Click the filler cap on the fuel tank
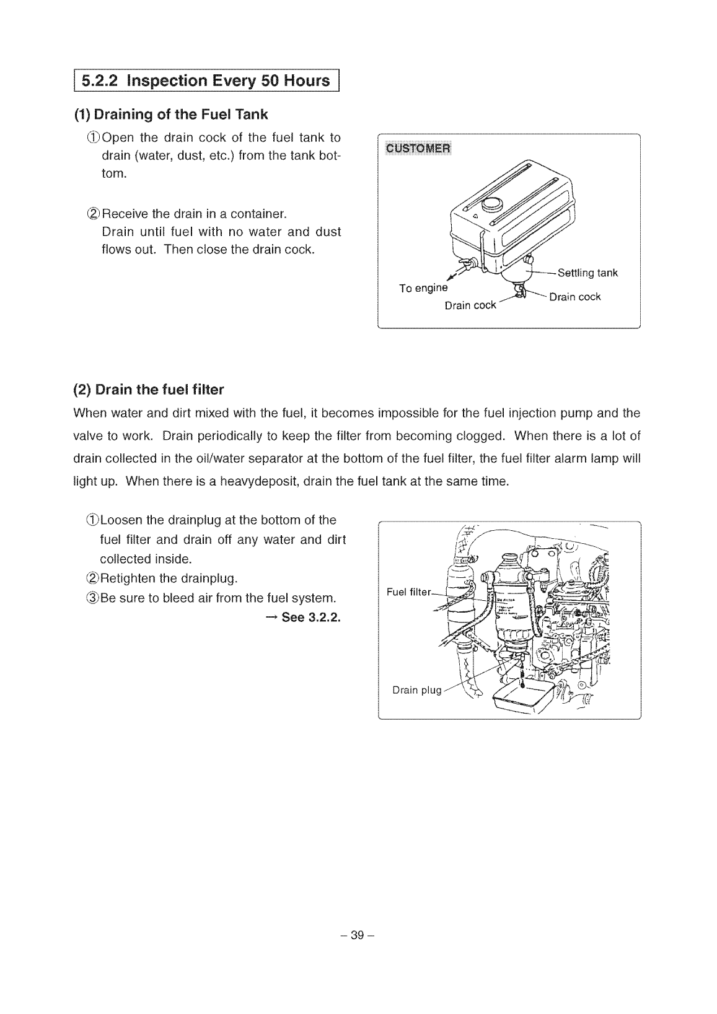(x=493, y=202)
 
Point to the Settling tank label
(x=587, y=273)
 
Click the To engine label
(x=423, y=288)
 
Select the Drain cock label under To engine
(x=470, y=305)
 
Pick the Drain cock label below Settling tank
(x=575, y=297)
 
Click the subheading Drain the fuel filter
(x=149, y=390)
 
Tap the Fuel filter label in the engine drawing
(x=408, y=592)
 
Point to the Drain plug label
(x=416, y=690)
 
